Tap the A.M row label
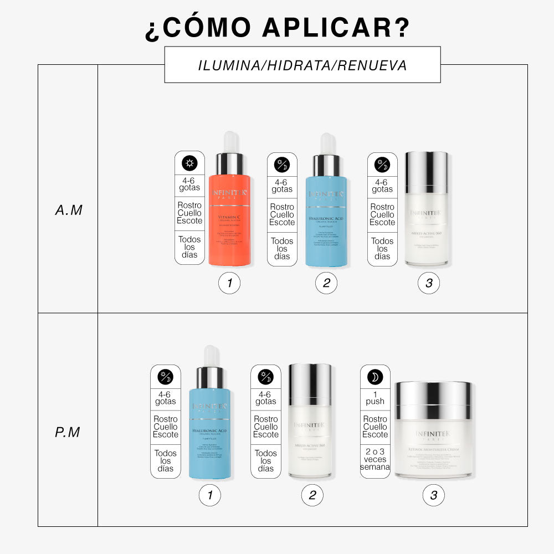tap(69, 211)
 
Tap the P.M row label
tap(68, 432)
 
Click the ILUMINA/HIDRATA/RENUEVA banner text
tap(302, 65)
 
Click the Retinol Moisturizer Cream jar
tap(433, 438)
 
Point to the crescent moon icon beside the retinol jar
tap(375, 377)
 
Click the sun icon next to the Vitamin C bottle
tap(189, 163)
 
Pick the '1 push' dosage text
tap(375, 397)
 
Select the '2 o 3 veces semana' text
tap(375, 459)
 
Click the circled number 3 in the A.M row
tap(428, 284)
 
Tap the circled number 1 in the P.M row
tap(209, 495)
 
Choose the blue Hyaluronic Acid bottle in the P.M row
tap(209, 432)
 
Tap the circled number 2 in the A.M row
tap(326, 284)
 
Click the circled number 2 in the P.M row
tap(312, 495)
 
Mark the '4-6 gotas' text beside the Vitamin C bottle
tap(189, 184)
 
